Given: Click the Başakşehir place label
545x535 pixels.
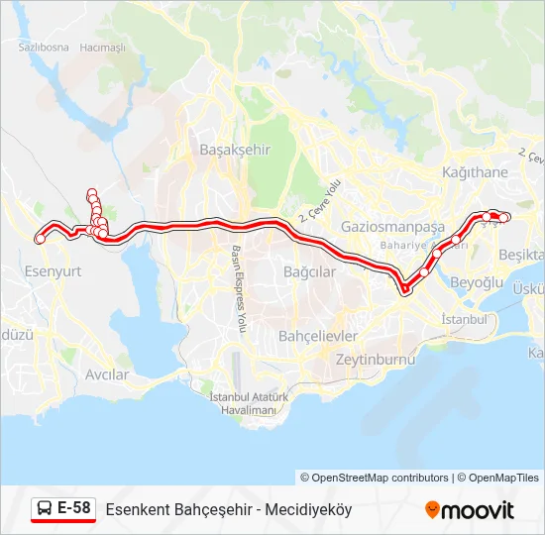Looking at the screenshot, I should click(x=235, y=149).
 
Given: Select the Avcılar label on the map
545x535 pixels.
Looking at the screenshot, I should click(x=107, y=374).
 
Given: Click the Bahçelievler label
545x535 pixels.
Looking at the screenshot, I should click(x=315, y=335).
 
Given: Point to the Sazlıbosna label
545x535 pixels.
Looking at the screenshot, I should click(x=44, y=47).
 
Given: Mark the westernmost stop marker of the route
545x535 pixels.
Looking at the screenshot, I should click(x=40, y=238).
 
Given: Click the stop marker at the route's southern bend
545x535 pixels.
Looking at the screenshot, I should click(x=405, y=289).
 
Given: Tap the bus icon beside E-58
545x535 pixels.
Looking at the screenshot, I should click(x=45, y=509).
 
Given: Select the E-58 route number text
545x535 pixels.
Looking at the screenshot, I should click(x=73, y=509).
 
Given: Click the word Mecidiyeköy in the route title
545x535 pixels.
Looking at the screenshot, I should click(x=310, y=510).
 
